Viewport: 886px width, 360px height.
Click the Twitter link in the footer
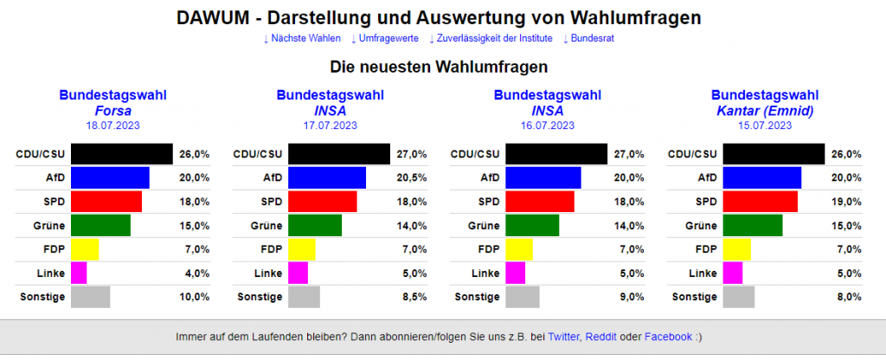pos(564,337)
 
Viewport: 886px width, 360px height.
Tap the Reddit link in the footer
pos(601,337)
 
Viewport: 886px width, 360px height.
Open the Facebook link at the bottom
pos(668,337)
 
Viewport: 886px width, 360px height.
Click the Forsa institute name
pos(112,111)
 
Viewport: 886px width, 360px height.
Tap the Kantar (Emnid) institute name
pos(764,111)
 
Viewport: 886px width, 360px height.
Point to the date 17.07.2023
pos(330,125)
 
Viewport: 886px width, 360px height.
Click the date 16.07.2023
pos(547,125)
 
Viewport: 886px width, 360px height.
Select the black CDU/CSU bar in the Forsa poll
pos(121,154)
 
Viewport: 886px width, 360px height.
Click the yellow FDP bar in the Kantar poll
pos(736,249)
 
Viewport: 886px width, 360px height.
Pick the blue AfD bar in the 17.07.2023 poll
pos(326,178)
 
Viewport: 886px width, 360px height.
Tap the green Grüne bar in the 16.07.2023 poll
pos(532,226)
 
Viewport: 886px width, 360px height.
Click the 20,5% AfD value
pos(411,178)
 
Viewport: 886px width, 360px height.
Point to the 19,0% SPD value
pos(847,202)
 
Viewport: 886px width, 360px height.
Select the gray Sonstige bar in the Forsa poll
pos(90,297)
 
